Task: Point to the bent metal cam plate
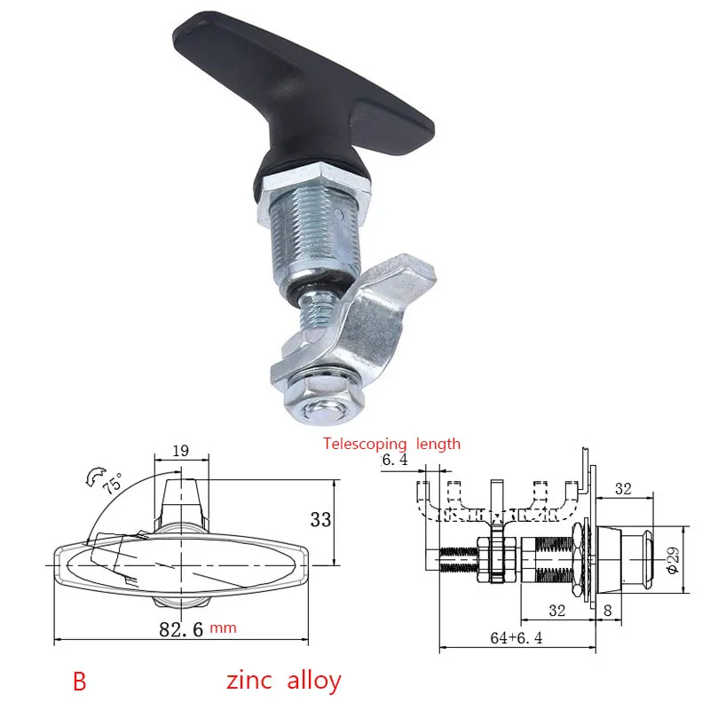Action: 358,326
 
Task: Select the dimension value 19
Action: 181,451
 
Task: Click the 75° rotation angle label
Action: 113,484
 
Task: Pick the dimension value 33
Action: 320,519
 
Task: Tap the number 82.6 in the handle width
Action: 181,629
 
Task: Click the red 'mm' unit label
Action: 223,628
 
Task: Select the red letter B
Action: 79,681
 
